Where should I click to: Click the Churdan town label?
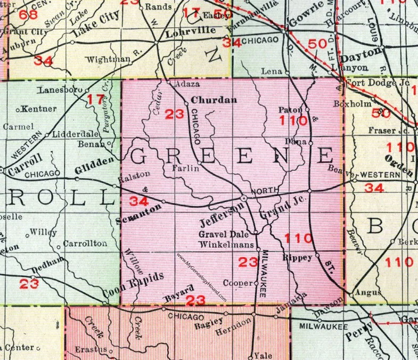[208, 99]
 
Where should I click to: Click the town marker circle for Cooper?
[256, 283]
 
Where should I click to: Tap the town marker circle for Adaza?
[169, 83]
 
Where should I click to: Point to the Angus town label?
[360, 292]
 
